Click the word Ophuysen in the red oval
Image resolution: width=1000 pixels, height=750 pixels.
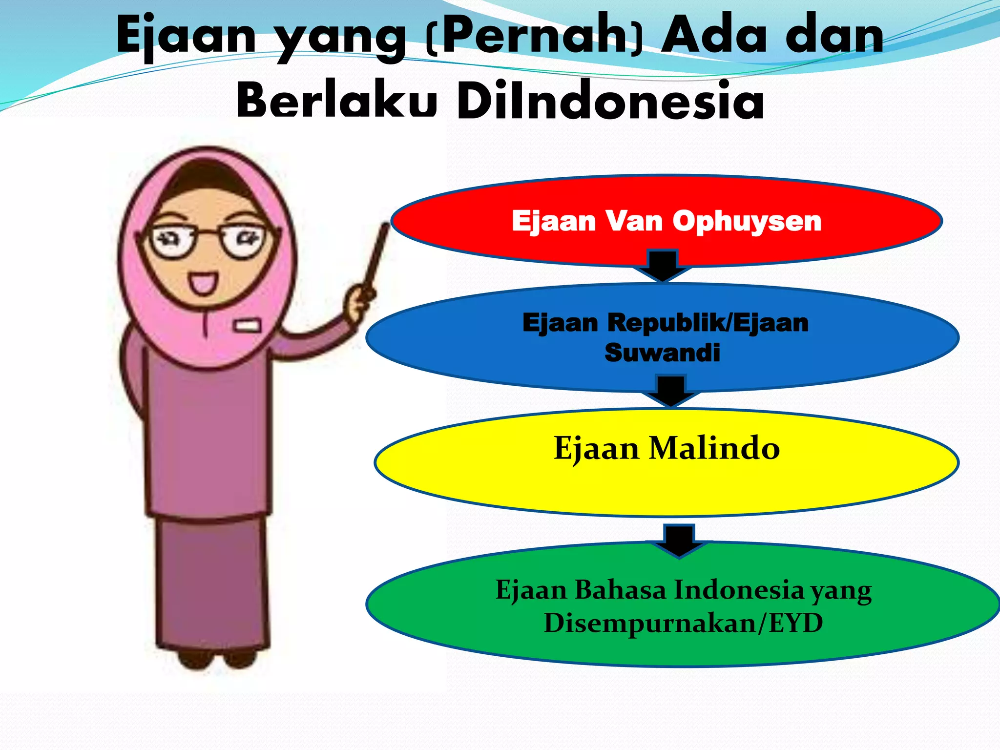747,221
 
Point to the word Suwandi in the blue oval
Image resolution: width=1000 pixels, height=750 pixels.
662,353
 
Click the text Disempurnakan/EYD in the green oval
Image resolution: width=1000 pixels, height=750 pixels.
683,623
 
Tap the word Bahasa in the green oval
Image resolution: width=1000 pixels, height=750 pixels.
620,590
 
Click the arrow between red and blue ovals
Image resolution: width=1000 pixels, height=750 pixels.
663,266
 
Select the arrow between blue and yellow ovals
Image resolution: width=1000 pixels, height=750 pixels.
671,391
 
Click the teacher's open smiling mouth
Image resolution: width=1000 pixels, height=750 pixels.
203,283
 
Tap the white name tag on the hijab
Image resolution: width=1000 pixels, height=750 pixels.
247,325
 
